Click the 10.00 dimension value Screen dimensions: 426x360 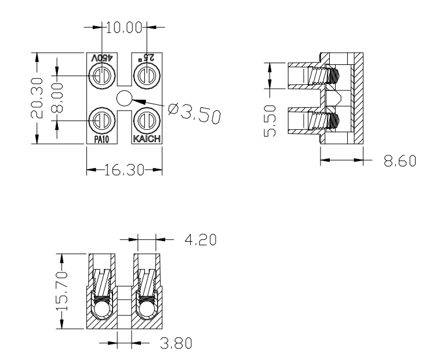pyautogui.click(x=124, y=27)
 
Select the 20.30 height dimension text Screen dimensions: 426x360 pyautogui.click(x=37, y=98)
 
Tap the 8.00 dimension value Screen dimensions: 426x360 pyautogui.click(x=57, y=98)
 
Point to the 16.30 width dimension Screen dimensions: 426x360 pyautogui.click(x=124, y=170)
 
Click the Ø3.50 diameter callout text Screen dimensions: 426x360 pyautogui.click(x=194, y=113)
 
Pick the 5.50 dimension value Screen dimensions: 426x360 pyautogui.click(x=270, y=121)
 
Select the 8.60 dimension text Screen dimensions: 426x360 pyautogui.click(x=400, y=161)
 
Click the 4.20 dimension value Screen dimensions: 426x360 pyautogui.click(x=201, y=240)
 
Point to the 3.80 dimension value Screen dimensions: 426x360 pyautogui.click(x=176, y=343)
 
